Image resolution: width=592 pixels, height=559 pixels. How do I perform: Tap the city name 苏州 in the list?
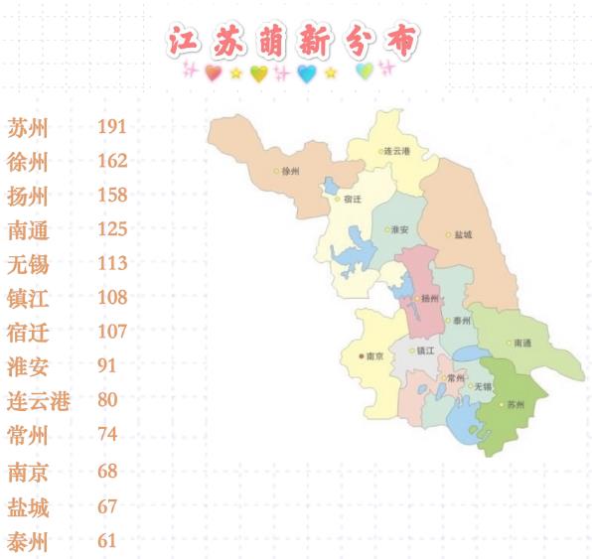(28, 128)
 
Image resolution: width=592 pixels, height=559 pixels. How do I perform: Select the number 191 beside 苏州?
(113, 127)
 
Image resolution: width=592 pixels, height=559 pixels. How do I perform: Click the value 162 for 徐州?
(113, 161)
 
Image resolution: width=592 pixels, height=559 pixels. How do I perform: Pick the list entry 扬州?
(28, 196)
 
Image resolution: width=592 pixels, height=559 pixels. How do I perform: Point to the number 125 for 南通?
(113, 229)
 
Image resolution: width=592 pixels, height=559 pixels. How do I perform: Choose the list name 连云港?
(39, 401)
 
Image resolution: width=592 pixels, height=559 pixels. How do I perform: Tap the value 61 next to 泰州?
(107, 540)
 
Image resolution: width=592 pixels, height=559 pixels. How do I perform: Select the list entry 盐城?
(28, 506)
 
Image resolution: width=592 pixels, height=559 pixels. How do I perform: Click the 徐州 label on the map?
(291, 171)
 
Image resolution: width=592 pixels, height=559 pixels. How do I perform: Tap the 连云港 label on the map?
(397, 151)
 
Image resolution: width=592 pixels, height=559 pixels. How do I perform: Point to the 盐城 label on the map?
(463, 235)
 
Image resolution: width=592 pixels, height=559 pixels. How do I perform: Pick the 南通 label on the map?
(522, 344)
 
